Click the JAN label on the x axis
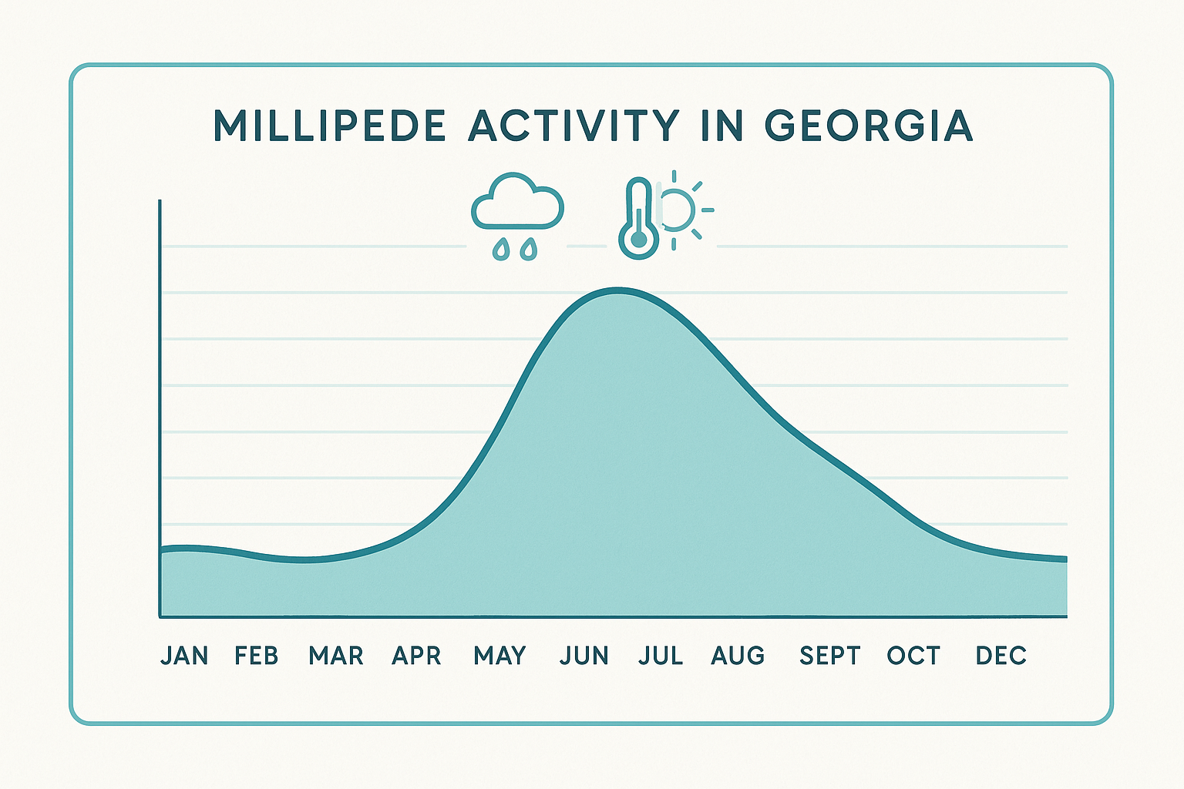[x=184, y=656]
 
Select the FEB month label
[x=257, y=656]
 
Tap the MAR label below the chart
[x=336, y=656]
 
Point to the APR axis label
[x=416, y=656]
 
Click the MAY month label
[x=500, y=656]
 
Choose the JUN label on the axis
[x=584, y=656]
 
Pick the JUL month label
[x=661, y=656]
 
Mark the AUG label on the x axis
[x=738, y=656]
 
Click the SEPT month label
[x=830, y=656]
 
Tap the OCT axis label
[x=913, y=656]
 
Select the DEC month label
[x=1001, y=656]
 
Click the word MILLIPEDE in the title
[x=330, y=126]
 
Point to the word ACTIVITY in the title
[x=574, y=126]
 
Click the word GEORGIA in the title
[x=869, y=126]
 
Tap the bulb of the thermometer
[x=638, y=240]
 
